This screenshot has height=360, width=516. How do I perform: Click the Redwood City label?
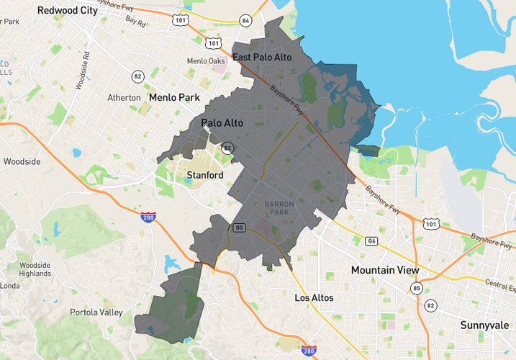point(67,11)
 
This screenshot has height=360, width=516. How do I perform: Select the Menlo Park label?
point(173,96)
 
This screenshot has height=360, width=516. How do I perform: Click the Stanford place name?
point(204,175)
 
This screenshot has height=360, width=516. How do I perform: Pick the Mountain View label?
point(384,270)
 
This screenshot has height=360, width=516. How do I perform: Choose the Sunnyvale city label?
point(485,325)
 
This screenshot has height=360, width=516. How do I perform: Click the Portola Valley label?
point(97,312)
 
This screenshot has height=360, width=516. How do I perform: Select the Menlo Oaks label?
point(206,61)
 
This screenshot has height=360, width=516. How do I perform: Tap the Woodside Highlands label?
point(35,269)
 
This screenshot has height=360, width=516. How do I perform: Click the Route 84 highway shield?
point(246,20)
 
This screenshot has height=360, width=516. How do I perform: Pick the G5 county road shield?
point(239,228)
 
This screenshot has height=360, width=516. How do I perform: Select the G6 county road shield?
point(371,241)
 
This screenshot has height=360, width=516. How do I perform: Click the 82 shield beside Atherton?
point(137,76)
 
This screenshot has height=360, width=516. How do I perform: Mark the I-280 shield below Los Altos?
point(309,351)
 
